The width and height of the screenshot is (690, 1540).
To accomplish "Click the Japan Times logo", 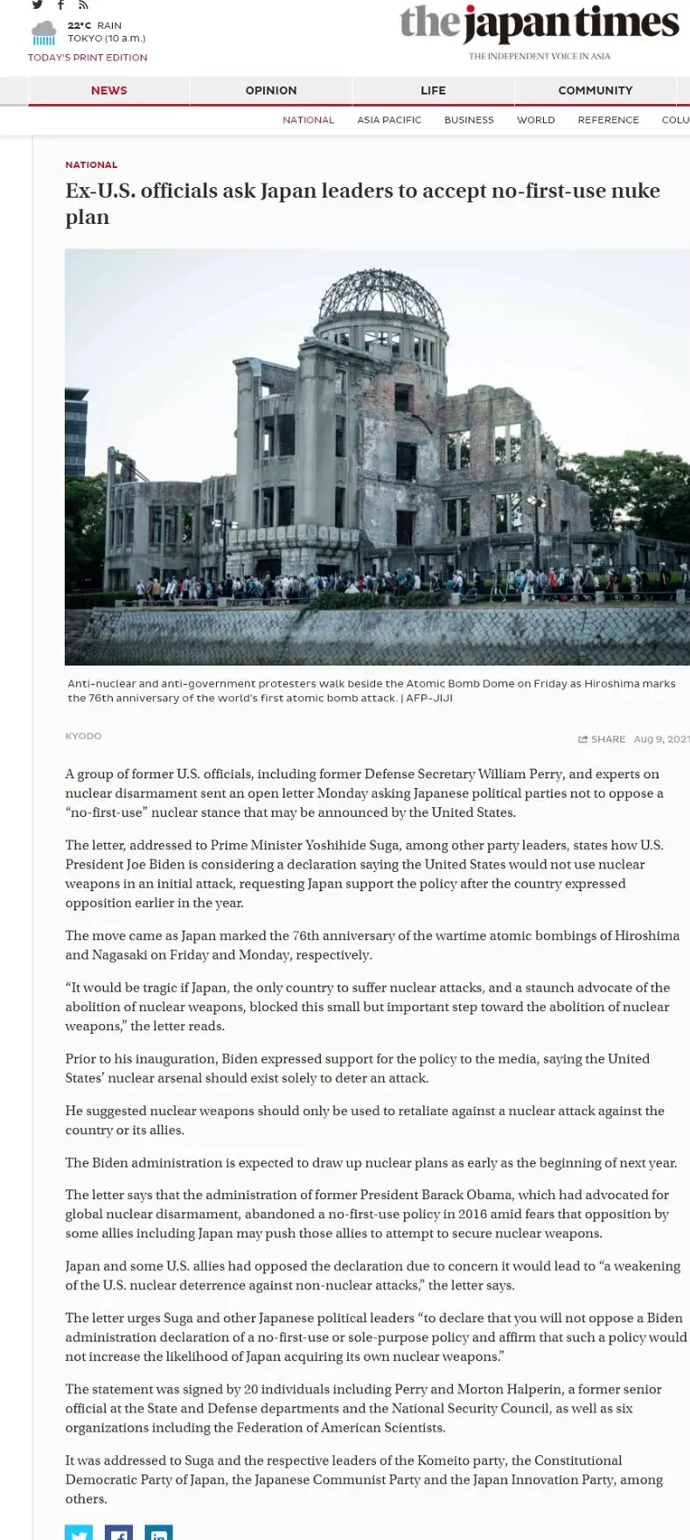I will click(539, 24).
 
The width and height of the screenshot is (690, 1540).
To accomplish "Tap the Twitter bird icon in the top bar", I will click(38, 5).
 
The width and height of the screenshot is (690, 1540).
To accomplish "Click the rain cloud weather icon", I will click(44, 34).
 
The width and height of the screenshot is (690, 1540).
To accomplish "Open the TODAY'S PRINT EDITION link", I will click(87, 58).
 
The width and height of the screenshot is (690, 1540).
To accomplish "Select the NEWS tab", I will click(109, 90).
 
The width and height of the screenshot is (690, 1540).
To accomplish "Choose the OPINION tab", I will click(271, 90).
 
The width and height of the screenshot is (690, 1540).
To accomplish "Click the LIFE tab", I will click(433, 90).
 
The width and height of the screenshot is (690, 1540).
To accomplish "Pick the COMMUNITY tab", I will click(595, 90).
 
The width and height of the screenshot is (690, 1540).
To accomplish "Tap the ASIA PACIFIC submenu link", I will click(389, 120).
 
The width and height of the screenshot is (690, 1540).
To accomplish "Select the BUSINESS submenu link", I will click(469, 120).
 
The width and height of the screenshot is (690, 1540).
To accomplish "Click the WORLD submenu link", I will click(536, 120).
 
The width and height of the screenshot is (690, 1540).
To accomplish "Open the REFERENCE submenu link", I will click(608, 120).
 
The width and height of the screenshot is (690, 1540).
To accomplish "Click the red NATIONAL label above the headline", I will click(91, 164).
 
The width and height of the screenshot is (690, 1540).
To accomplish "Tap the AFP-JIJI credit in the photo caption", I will click(429, 698).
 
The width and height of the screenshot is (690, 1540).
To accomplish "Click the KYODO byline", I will click(83, 736).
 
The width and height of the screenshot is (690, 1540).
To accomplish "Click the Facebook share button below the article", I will click(119, 1532).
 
